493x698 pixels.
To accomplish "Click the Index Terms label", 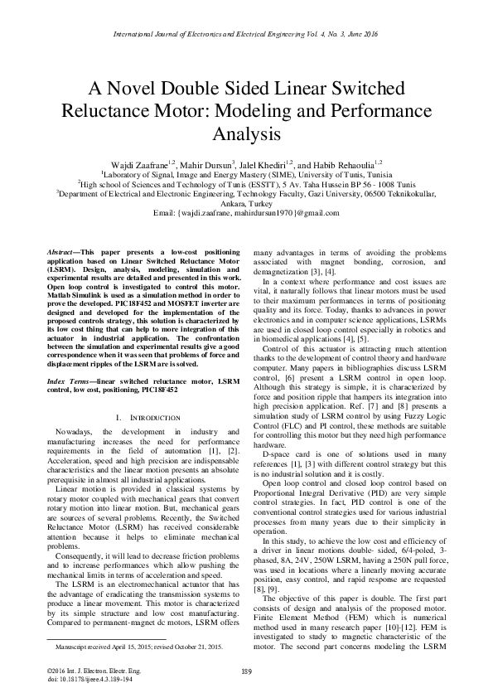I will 73,379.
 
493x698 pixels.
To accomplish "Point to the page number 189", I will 246,671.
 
